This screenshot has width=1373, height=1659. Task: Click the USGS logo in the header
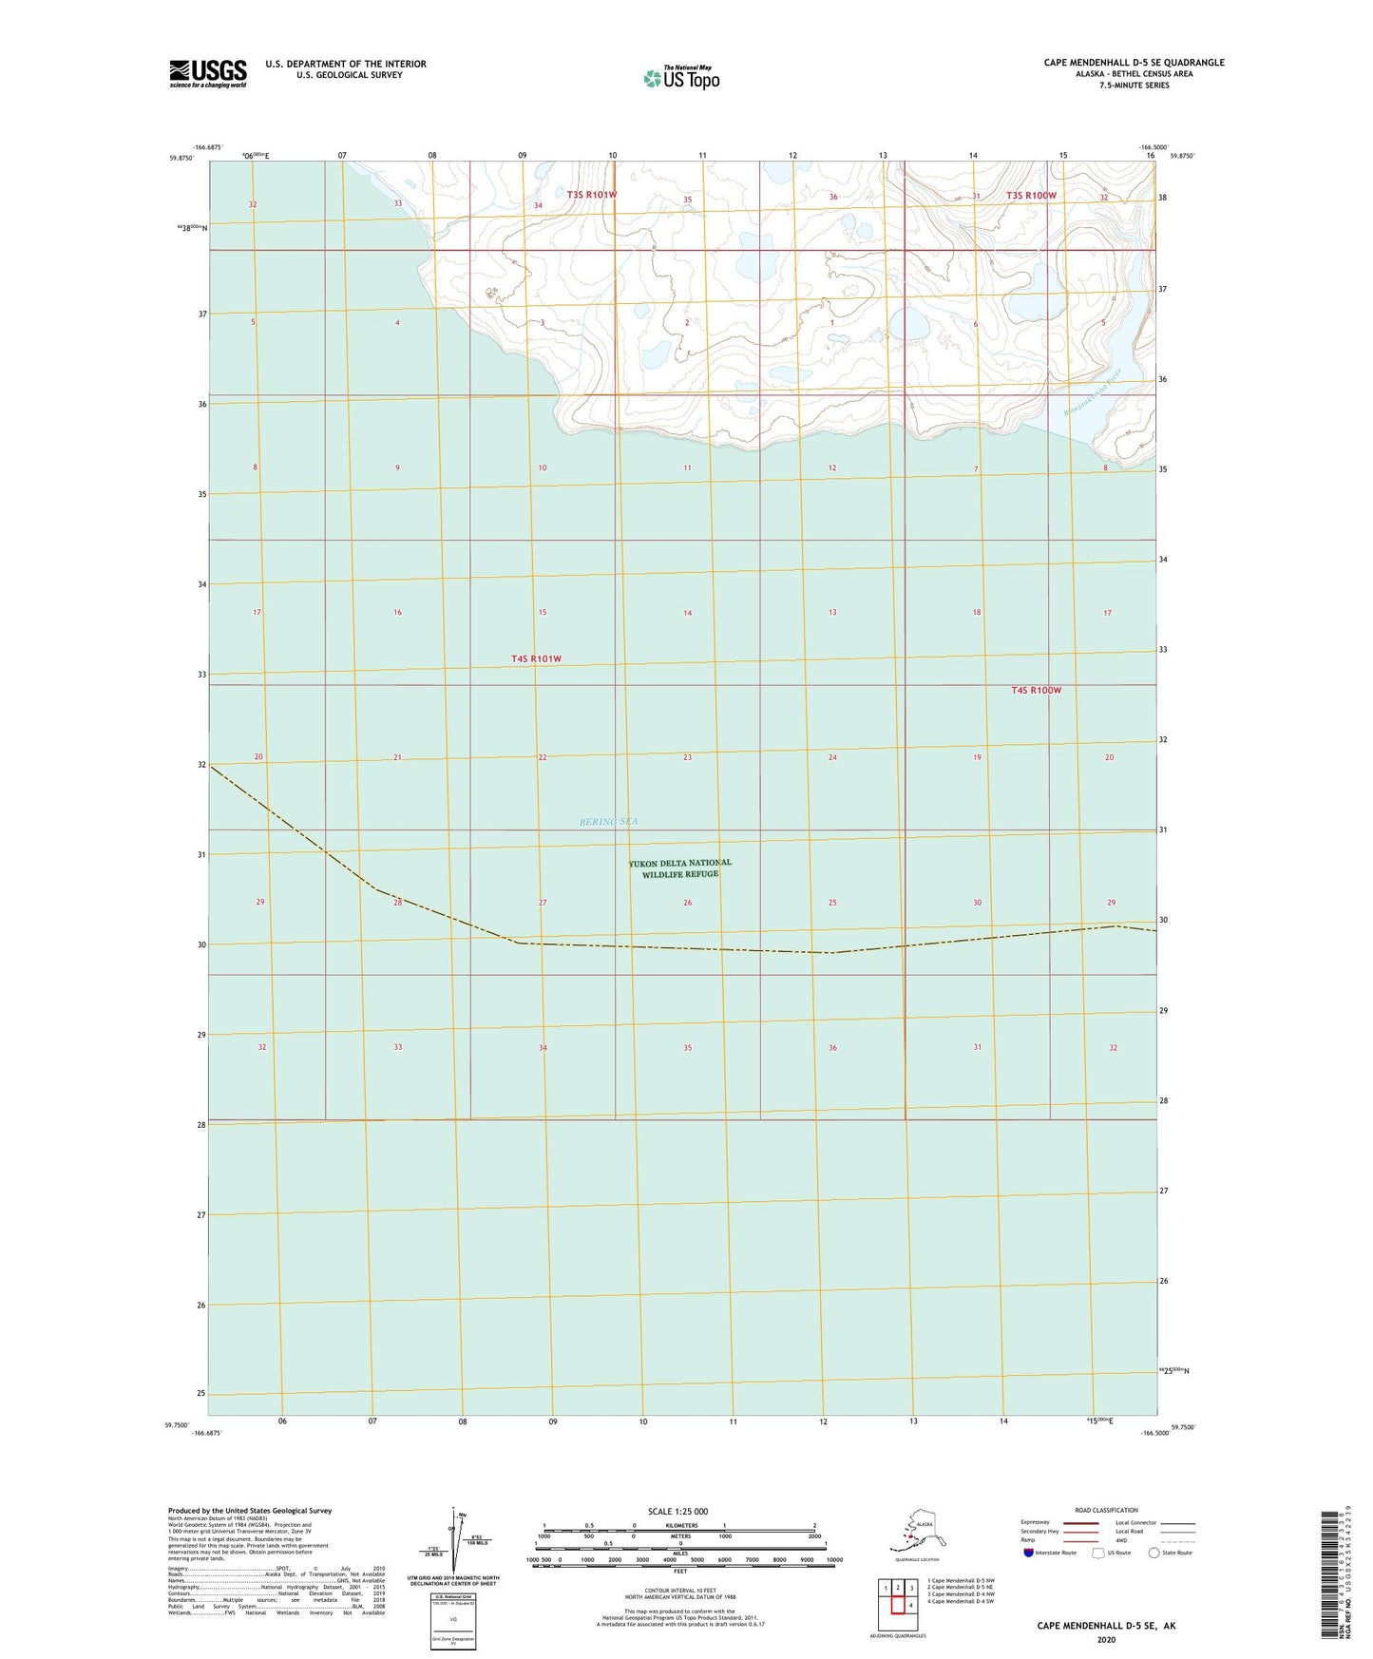pos(208,73)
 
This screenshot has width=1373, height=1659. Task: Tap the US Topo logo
pos(680,78)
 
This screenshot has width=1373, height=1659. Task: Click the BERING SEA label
pos(609,822)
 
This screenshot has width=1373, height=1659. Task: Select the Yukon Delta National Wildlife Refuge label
pos(680,868)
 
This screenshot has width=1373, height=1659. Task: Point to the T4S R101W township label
pos(537,658)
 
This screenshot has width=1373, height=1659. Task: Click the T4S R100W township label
pos(1036,690)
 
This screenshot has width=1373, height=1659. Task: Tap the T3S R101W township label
pos(592,195)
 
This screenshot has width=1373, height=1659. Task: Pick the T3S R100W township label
pos(1031,196)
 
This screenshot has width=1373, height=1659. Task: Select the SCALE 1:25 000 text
pos(677,1511)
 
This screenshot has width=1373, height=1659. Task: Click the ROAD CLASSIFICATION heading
pos(1106,1510)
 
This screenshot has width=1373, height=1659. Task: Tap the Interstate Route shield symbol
pos(1029,1553)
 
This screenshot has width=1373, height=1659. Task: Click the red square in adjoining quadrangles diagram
pos(897,1605)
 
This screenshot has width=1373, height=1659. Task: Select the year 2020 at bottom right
pos(1106,1639)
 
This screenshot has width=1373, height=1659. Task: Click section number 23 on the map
pos(687,757)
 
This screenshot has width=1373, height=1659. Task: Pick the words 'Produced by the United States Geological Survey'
pos(250,1510)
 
